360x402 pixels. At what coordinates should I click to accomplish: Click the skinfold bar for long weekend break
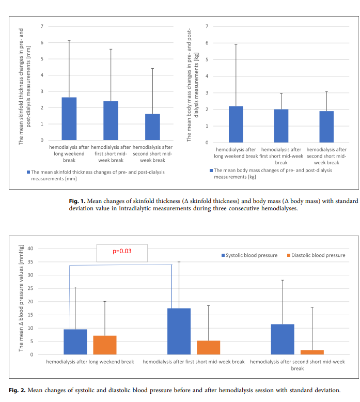point(69,119)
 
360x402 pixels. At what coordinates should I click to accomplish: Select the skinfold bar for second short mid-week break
point(152,127)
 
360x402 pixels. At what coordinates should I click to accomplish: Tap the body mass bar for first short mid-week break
point(281,126)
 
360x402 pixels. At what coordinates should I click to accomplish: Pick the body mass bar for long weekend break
point(236,125)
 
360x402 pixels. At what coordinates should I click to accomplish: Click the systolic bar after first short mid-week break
point(179,331)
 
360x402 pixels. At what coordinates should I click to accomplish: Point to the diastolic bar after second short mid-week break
point(312,352)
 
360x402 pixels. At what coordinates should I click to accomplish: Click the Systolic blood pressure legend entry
point(249,255)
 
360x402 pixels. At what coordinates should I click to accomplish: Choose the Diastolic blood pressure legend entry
point(316,255)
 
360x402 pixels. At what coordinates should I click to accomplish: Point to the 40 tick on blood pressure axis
point(30,249)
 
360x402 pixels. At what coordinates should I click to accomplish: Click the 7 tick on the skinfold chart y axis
point(43,26)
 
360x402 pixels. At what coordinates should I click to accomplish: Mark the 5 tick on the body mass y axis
point(207,59)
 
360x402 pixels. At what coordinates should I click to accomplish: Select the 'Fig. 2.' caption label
point(18,390)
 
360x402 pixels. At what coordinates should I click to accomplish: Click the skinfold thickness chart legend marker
point(28,172)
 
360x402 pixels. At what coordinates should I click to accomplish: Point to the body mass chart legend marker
point(211,171)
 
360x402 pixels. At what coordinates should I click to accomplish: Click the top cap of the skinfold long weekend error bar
point(69,40)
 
